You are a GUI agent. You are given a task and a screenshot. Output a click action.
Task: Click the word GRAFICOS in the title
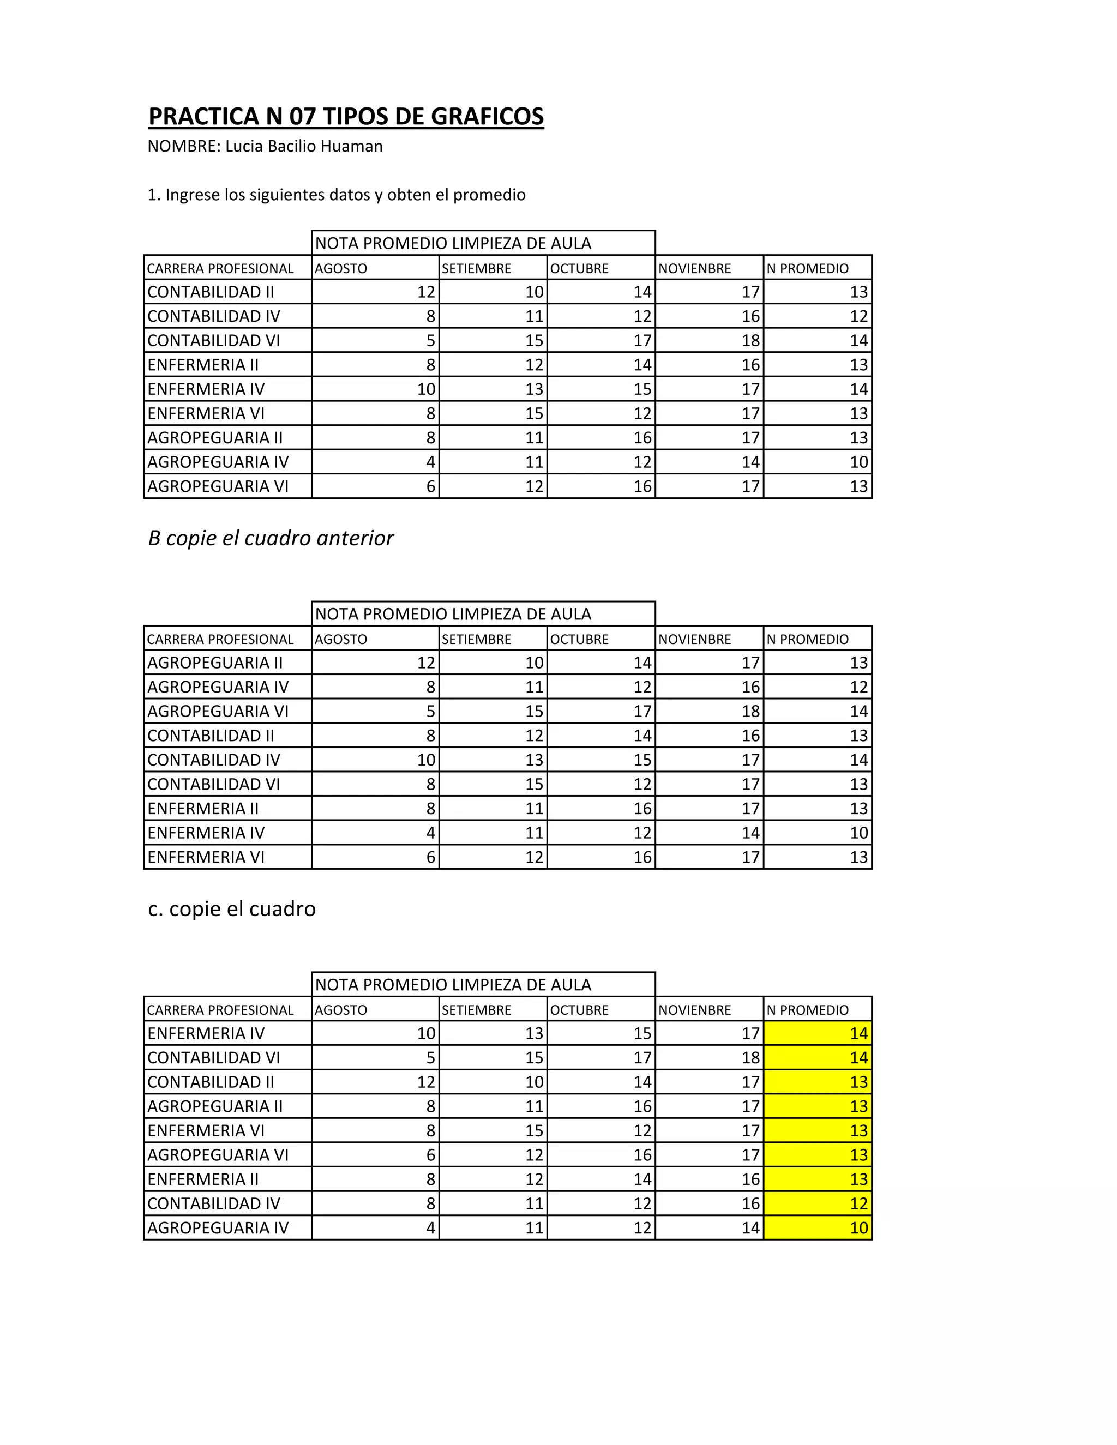coord(487,117)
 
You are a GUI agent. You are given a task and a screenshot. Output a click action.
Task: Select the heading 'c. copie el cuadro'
coord(232,908)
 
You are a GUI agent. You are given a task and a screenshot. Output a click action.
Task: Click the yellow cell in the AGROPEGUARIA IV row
coord(818,1228)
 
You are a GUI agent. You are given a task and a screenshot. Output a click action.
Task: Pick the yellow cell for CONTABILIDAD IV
coord(818,1203)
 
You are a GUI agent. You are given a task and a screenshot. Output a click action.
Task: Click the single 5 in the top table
coord(430,341)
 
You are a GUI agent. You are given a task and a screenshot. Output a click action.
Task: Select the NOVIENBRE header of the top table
coord(695,269)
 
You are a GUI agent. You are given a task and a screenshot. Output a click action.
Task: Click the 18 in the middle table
coord(750,711)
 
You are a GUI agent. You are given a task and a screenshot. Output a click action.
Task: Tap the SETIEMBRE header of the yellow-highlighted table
coord(477,1010)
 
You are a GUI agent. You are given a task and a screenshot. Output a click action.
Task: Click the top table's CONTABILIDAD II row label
coord(211,292)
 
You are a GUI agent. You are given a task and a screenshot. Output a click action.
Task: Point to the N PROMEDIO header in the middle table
coord(807,640)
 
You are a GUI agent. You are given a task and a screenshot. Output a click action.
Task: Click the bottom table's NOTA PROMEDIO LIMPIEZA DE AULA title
coord(453,984)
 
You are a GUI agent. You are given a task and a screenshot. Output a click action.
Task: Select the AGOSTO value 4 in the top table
coord(430,462)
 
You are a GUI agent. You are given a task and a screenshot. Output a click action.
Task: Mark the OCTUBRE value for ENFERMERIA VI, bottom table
coord(642,1131)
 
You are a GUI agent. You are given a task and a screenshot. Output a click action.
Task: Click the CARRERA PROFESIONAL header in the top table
coord(220,269)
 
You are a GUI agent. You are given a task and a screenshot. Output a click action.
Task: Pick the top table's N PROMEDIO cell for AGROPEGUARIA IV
coord(858,462)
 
